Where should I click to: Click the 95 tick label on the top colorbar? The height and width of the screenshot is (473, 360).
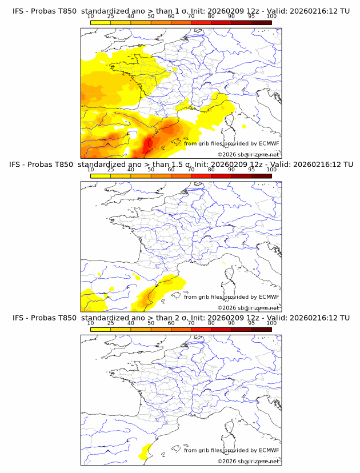click(252, 16)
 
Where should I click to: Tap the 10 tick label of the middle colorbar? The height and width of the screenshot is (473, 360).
click(91, 170)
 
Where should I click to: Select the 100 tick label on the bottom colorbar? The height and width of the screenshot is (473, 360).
click(271, 323)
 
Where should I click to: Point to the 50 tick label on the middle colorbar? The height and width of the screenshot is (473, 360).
click(151, 170)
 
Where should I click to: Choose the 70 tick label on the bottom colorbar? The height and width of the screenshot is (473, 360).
click(191, 323)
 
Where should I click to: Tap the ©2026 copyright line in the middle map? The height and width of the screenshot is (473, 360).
click(248, 308)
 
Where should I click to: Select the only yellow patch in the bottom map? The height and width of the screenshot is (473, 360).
click(145, 451)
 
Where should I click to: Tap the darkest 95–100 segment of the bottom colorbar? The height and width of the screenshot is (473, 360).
click(262, 329)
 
